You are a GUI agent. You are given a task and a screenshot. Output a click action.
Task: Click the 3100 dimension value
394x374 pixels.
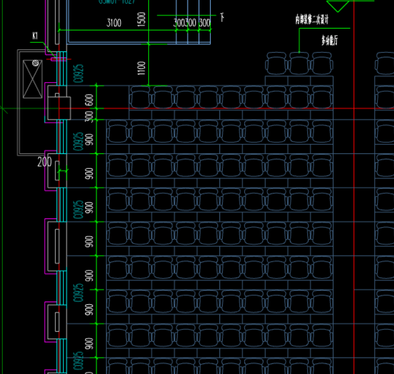(114, 23)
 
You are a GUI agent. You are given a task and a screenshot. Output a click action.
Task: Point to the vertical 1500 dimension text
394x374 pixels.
(141, 18)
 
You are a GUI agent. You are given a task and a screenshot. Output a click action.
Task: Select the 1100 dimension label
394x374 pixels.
(141, 68)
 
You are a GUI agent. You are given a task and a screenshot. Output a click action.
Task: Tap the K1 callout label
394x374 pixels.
(35, 36)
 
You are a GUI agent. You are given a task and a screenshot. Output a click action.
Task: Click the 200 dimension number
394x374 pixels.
(45, 162)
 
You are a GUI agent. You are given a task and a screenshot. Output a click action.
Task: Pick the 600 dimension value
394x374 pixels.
(89, 99)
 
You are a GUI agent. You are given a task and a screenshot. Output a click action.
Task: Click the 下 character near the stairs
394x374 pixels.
(222, 17)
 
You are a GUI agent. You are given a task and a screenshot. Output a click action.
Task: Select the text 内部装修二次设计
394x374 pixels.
(312, 20)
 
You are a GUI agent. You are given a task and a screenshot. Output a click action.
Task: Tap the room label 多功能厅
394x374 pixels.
(330, 41)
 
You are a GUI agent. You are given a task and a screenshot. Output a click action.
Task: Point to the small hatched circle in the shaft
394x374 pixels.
(36, 63)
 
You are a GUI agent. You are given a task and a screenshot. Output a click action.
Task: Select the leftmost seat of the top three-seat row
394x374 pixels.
(276, 63)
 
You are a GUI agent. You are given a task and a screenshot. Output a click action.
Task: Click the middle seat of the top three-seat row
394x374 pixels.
(299, 63)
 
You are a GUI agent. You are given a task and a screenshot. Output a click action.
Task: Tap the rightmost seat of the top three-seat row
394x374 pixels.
(322, 63)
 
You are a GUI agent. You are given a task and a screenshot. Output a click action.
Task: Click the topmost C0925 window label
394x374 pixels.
(78, 73)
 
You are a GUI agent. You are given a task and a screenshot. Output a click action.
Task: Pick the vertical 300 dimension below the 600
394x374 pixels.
(89, 115)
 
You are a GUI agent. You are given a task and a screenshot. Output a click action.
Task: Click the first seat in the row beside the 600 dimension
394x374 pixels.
(141, 98)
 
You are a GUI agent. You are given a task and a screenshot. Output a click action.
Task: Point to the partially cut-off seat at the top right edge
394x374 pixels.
(385, 63)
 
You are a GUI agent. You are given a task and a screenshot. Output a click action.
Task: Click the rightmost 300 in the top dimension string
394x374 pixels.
(205, 23)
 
